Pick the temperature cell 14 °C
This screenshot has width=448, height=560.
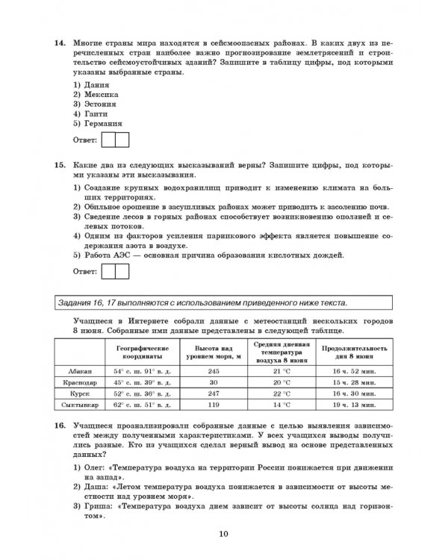pos(281,404)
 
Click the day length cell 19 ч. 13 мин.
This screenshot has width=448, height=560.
pos(353,404)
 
